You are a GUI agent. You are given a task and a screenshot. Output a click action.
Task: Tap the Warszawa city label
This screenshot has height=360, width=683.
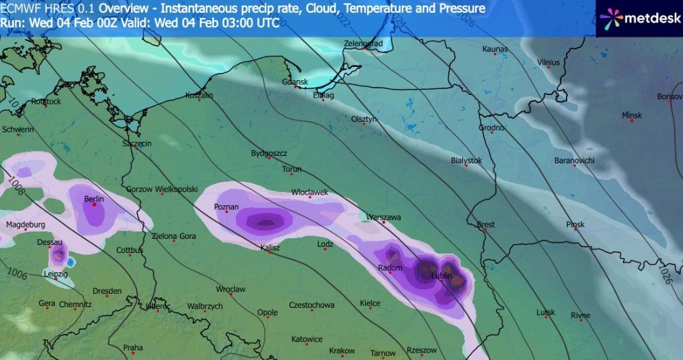pyautogui.click(x=383, y=217)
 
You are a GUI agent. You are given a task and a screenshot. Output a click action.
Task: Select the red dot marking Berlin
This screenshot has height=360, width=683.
pyautogui.click(x=94, y=205)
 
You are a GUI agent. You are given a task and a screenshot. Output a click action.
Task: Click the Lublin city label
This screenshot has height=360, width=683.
pyautogui.click(x=442, y=275)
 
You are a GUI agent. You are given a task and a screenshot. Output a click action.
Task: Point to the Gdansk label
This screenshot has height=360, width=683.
pyautogui.click(x=294, y=82)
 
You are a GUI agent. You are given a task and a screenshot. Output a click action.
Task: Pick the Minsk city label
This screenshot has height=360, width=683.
pyautogui.click(x=631, y=115)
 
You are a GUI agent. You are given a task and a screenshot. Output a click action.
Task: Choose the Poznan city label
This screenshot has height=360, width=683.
pyautogui.click(x=226, y=207)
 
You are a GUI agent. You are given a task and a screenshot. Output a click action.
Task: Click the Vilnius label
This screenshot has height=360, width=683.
pyautogui.click(x=548, y=62)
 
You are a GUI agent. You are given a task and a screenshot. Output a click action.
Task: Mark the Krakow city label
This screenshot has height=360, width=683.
pyautogui.click(x=342, y=351)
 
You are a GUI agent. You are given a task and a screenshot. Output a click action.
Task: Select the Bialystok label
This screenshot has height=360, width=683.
pyautogui.click(x=466, y=161)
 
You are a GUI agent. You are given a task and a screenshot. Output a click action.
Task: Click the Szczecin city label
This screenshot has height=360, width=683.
pyautogui.click(x=137, y=143)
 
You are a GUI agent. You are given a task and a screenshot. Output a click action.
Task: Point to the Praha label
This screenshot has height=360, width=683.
pyautogui.click(x=133, y=347)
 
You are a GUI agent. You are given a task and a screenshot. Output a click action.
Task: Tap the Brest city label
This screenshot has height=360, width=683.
pyautogui.click(x=485, y=225)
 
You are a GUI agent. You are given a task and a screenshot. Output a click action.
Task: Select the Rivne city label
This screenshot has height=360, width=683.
pyautogui.click(x=581, y=315)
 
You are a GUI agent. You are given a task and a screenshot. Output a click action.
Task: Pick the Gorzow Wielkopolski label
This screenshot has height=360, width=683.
pyautogui.click(x=161, y=189)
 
